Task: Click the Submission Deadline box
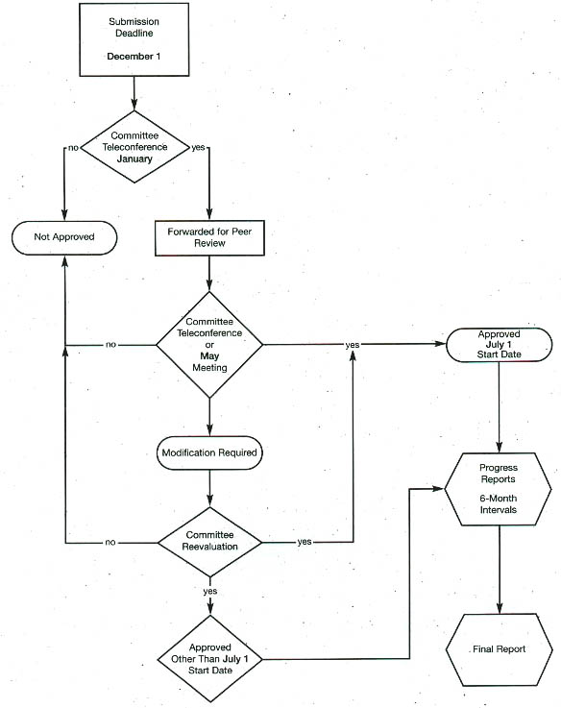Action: pyautogui.click(x=134, y=39)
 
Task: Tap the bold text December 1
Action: pyautogui.click(x=134, y=57)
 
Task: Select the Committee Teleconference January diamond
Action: pyautogui.click(x=134, y=147)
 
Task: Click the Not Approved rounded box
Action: pyautogui.click(x=64, y=237)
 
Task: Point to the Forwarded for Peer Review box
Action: pyautogui.click(x=209, y=238)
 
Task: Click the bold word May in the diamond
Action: pyautogui.click(x=209, y=355)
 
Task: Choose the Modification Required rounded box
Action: pyautogui.click(x=209, y=452)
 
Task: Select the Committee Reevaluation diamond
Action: pyautogui.click(x=209, y=542)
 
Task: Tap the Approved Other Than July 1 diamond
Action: pyautogui.click(x=210, y=659)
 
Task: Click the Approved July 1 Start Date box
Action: pyautogui.click(x=500, y=345)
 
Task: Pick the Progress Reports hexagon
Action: pyautogui.click(x=499, y=489)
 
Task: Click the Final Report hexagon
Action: pyautogui.click(x=500, y=649)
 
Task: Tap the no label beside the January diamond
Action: pyautogui.click(x=73, y=148)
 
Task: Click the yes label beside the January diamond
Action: pyautogui.click(x=198, y=147)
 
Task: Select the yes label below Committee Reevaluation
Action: pyautogui.click(x=210, y=591)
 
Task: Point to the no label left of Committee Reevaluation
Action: pyautogui.click(x=110, y=542)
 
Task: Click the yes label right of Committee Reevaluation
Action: pyautogui.click(x=305, y=542)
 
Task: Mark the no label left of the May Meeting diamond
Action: pyautogui.click(x=110, y=345)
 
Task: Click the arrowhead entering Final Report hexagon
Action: pyautogui.click(x=500, y=608)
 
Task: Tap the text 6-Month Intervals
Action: pyautogui.click(x=499, y=504)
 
